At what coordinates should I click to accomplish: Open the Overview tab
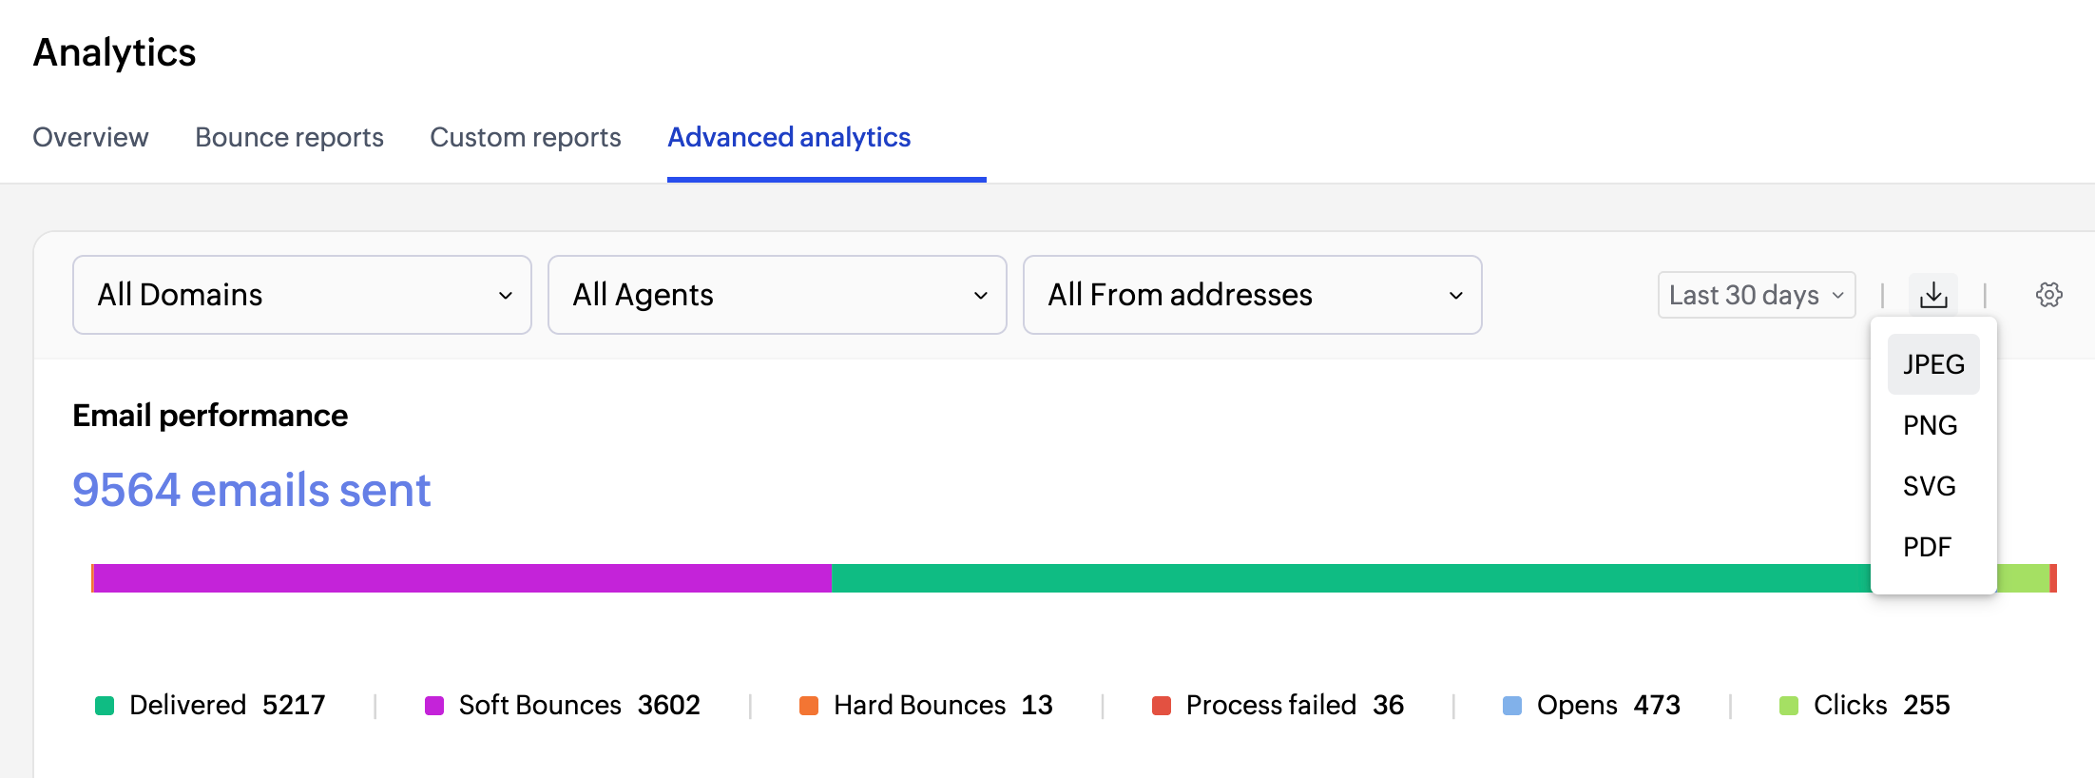[90, 137]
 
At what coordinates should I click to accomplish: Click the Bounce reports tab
[289, 137]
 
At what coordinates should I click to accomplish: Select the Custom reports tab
[525, 137]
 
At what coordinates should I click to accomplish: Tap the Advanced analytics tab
[789, 137]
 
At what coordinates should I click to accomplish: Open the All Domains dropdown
[302, 295]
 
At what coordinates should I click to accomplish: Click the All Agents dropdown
[778, 295]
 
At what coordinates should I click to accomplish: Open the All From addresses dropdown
[1253, 295]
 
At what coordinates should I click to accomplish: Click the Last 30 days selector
[1757, 295]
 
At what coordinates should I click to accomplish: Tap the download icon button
[1933, 295]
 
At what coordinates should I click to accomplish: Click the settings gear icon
[2049, 295]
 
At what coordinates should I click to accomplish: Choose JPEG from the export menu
[1933, 364]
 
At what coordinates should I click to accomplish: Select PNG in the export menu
[1930, 425]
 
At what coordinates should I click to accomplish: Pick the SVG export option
[1930, 486]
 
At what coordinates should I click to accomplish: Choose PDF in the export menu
[1928, 547]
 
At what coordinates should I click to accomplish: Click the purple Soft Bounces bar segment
[463, 578]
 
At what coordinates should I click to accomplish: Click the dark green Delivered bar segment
[1351, 578]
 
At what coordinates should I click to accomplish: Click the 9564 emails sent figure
[252, 490]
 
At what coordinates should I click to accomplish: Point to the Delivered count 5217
[294, 705]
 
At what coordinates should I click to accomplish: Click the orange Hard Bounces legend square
[809, 706]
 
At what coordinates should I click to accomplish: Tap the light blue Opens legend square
[1512, 706]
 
